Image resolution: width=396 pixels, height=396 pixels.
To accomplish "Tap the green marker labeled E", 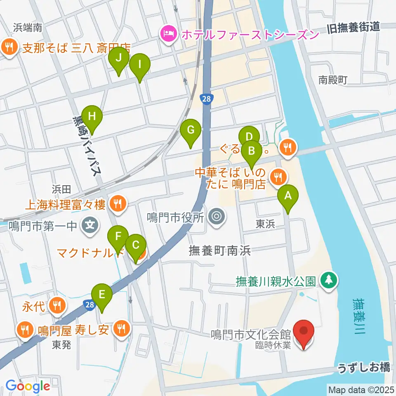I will coord(101,295).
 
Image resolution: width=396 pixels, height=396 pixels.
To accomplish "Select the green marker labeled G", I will coord(191,130).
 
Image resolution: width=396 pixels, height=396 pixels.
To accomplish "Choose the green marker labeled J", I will coord(119,59).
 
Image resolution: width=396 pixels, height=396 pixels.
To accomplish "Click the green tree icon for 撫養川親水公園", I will coord(329,280).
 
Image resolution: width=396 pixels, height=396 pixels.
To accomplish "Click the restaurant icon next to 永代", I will coord(56,306).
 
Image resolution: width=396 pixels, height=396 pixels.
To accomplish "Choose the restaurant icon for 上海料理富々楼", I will coord(118,203).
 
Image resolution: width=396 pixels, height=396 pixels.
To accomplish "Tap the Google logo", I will coord(28,386).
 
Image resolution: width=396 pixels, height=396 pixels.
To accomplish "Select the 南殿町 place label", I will coord(333,80).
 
